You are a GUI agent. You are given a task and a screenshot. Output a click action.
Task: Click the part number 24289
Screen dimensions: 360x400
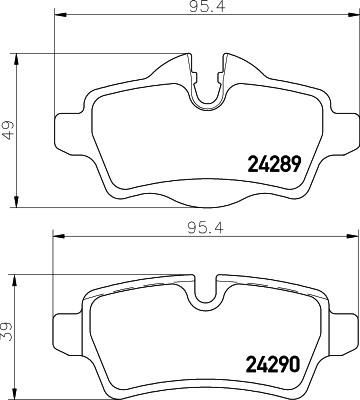[274, 164]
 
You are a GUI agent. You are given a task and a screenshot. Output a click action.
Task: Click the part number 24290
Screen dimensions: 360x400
[273, 364]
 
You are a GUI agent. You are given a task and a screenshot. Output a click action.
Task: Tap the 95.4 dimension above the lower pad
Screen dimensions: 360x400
[205, 228]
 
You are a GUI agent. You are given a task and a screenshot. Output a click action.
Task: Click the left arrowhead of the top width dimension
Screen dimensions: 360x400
[59, 15]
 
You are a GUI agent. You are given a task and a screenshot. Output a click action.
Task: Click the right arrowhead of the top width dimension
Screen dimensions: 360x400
[354, 15]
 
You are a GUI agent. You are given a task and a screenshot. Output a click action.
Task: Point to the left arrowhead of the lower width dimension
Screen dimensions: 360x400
[58, 236]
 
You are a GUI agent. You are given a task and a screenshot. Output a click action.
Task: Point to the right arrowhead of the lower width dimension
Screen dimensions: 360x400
[352, 236]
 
